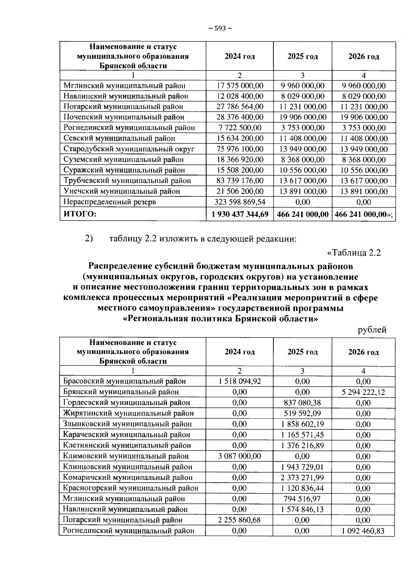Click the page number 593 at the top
220,28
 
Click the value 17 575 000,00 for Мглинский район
240,86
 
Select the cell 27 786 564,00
240,107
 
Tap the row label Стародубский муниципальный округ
129,149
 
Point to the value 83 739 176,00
240,181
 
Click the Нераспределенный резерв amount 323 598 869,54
240,202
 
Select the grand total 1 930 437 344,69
240,214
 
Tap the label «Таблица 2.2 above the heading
354,253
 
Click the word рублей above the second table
372,330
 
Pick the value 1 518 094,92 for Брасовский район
240,381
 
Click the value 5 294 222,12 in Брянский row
363,392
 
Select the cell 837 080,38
302,403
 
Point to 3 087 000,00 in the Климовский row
240,456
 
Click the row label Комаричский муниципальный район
128,478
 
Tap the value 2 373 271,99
302,478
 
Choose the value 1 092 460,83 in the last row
363,531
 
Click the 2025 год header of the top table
303,56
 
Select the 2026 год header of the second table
363,352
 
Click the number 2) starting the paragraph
89,239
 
